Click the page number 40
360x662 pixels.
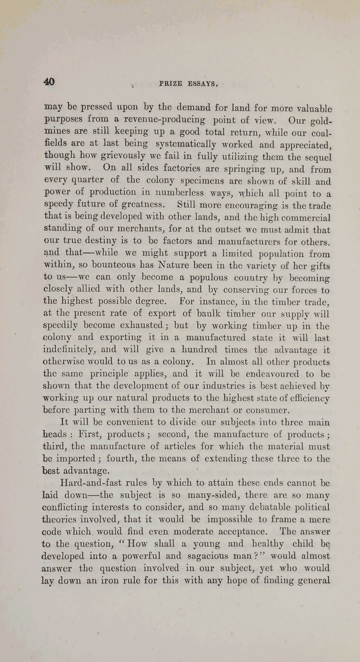coord(49,81)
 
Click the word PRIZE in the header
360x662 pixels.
coord(171,84)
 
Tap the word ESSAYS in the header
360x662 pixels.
coord(202,84)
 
